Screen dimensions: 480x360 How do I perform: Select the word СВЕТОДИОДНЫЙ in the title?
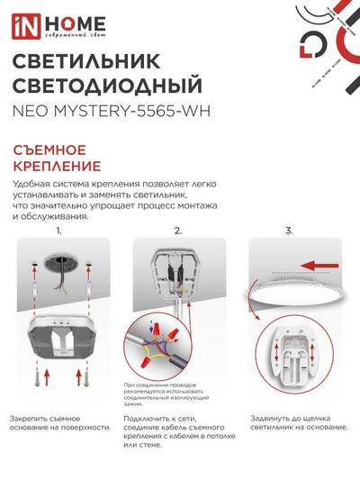(x=105, y=87)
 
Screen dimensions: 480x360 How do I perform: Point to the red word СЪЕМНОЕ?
(x=49, y=150)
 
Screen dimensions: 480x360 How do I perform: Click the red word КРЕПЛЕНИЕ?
(x=57, y=167)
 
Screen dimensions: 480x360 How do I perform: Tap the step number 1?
(x=59, y=231)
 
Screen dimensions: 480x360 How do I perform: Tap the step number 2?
(x=178, y=231)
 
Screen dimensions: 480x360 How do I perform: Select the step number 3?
(x=289, y=231)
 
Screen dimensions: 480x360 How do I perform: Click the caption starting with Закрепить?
(x=60, y=424)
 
